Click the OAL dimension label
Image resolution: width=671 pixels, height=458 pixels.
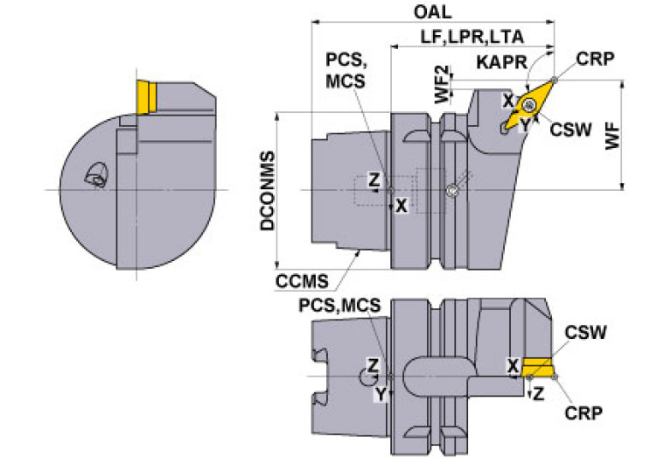[x=432, y=12]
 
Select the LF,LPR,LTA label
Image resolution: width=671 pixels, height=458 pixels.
[x=472, y=38]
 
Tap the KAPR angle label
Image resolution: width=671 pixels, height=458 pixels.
[x=501, y=62]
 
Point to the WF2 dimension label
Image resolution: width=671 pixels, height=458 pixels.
[x=443, y=84]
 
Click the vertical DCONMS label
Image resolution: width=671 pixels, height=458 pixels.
[x=268, y=191]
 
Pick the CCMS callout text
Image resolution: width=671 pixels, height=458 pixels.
[x=302, y=281]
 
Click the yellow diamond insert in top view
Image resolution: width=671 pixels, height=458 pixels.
[x=529, y=104]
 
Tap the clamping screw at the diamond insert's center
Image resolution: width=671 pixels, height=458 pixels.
[x=530, y=104]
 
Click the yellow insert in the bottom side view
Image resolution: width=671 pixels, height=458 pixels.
[x=538, y=367]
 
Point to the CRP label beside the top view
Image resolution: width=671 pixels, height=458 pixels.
[x=595, y=59]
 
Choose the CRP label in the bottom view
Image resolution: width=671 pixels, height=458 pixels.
[x=584, y=413]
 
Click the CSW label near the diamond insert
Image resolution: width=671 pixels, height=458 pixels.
[x=570, y=129]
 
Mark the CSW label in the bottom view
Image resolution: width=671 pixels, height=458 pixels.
[x=585, y=332]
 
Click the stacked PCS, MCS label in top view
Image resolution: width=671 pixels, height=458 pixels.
[x=346, y=70]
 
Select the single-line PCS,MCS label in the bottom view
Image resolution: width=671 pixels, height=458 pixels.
[x=339, y=305]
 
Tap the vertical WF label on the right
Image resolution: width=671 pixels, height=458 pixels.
[x=612, y=136]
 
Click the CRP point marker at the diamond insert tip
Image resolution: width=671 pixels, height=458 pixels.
[x=555, y=80]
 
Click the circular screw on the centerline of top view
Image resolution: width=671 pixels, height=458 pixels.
[x=451, y=191]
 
